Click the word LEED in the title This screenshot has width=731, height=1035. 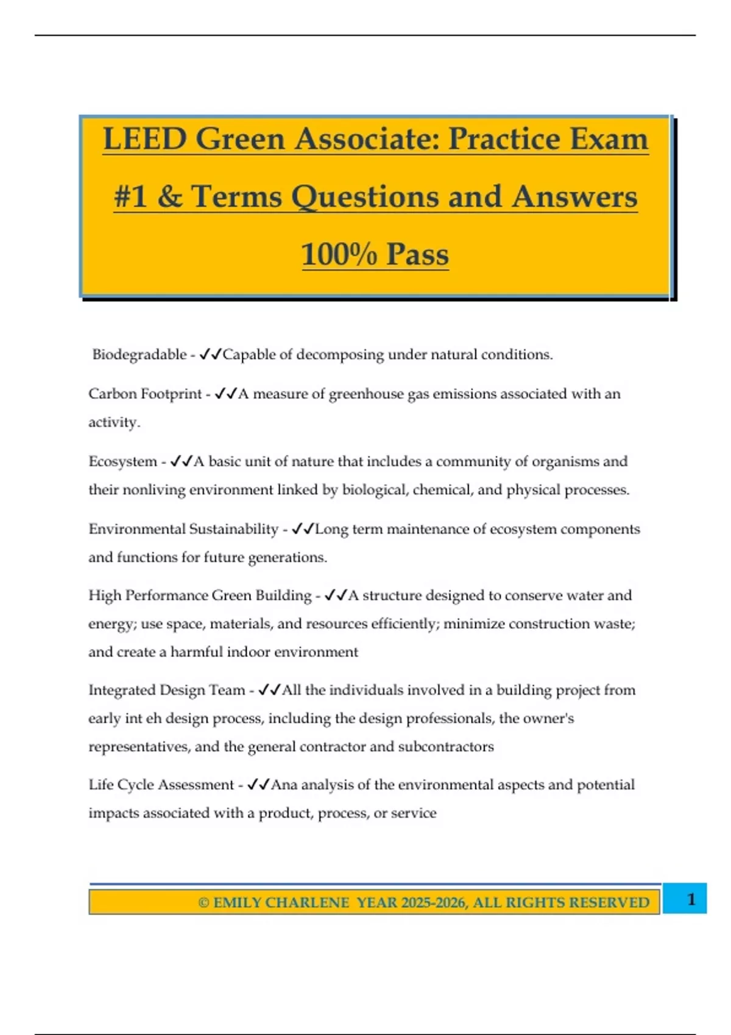click(144, 139)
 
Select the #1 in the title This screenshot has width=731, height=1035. click(130, 197)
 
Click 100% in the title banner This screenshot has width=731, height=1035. click(339, 254)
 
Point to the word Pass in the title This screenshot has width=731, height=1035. click(417, 254)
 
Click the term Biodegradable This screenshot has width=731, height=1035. click(139, 354)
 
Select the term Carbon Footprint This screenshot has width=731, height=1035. click(145, 394)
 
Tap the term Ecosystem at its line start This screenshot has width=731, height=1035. click(122, 461)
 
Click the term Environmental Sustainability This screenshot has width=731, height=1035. click(183, 529)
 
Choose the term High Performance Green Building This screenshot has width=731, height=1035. click(200, 595)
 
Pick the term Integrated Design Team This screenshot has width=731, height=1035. click(166, 690)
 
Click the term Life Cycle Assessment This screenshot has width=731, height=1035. click(161, 785)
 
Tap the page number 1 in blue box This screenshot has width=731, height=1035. click(691, 899)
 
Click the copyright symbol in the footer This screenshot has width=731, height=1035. click(204, 902)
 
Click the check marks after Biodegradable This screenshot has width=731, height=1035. click(211, 354)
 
